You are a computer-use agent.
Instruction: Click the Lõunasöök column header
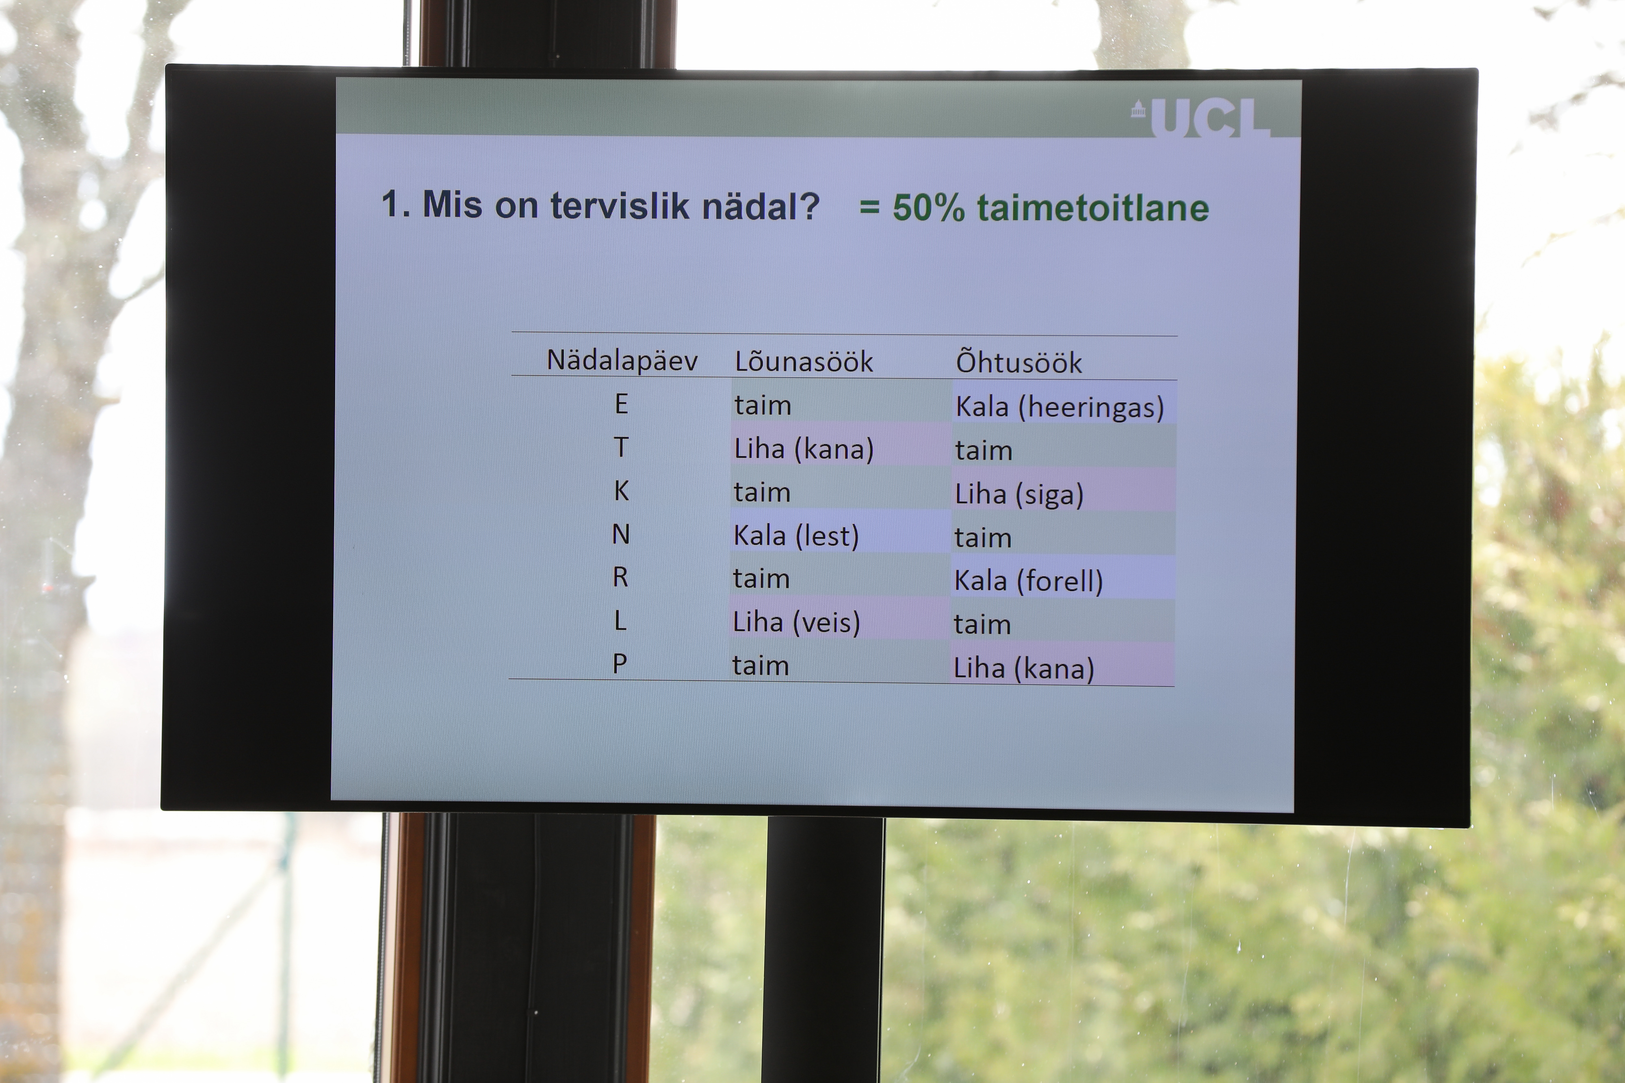tap(804, 362)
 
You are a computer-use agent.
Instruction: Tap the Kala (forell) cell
tap(1029, 581)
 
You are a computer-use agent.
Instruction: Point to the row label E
tap(621, 404)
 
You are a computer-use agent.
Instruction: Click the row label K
tap(621, 491)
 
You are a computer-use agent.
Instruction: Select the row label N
tap(620, 534)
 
